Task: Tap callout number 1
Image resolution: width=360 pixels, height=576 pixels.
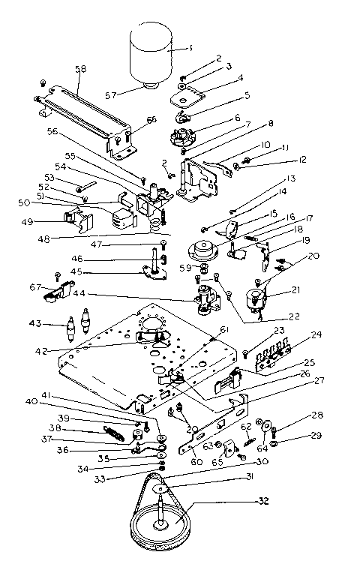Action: [190, 48]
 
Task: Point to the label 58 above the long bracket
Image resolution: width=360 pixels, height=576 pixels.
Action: [80, 69]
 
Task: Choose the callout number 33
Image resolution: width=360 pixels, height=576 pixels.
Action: [138, 478]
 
